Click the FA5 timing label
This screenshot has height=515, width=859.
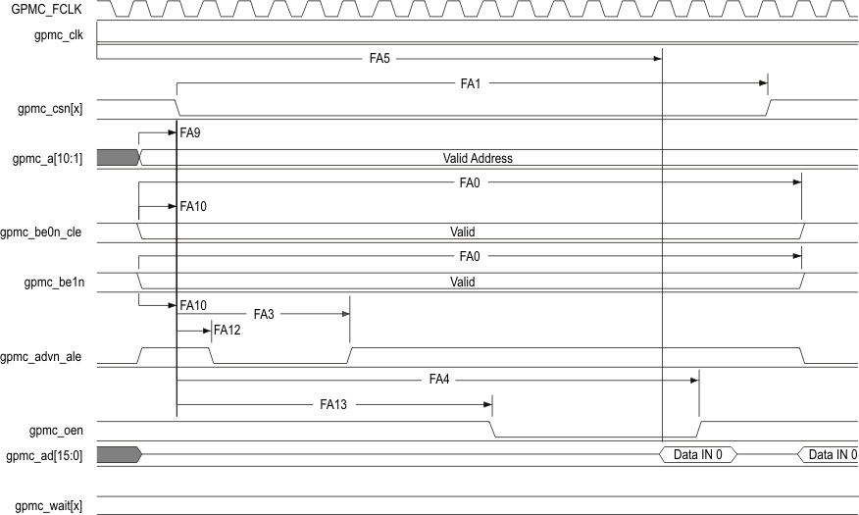[x=379, y=59]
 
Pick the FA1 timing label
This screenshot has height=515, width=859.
[x=471, y=84]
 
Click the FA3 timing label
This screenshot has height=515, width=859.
[x=264, y=314]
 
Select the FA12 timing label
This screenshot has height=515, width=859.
[x=227, y=331]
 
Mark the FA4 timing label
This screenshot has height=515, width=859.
[x=439, y=379]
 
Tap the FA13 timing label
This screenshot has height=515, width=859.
[x=333, y=403]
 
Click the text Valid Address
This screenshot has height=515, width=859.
[x=478, y=158]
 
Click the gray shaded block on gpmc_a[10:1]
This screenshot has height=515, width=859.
[x=118, y=157]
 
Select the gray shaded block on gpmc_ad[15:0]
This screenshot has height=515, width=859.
[x=118, y=454]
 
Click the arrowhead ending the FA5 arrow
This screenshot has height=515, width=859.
[x=658, y=59]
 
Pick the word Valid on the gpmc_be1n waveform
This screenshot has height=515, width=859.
[x=462, y=282]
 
